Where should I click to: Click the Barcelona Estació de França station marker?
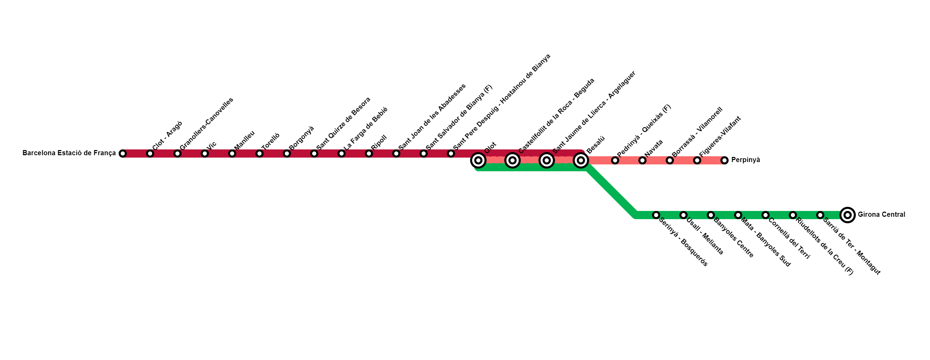[x=123, y=154]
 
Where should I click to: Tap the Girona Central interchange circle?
[x=847, y=215]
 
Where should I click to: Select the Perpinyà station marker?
[x=724, y=160]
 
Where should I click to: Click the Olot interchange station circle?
[x=478, y=160]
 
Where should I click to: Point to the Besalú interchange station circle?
[x=581, y=160]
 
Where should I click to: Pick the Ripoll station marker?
[x=369, y=154]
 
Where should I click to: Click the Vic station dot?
[x=205, y=154]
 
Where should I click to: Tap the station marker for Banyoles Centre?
[x=710, y=215]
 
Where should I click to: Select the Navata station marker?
[x=642, y=160]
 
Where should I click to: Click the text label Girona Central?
[x=881, y=214]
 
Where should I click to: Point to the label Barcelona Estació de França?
[x=69, y=153]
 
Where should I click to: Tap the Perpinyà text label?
[x=745, y=160]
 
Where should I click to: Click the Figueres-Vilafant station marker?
[x=697, y=160]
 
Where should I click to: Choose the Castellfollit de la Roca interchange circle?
[x=512, y=160]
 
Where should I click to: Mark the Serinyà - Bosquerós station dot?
[x=656, y=215]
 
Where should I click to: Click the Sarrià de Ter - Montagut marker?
[x=820, y=215]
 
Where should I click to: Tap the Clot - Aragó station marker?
[x=150, y=154]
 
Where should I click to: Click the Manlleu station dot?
[x=232, y=154]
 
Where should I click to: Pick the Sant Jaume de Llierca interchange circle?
[x=547, y=160]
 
